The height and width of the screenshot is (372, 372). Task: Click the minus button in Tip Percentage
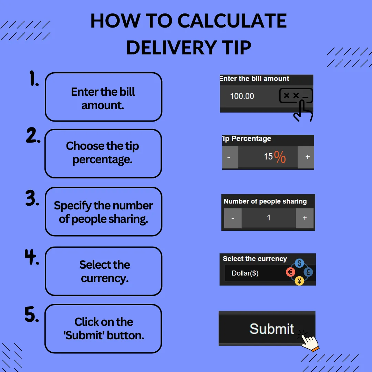[230, 157]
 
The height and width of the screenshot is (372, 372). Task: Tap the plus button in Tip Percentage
[306, 157]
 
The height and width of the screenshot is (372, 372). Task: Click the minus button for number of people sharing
[233, 218]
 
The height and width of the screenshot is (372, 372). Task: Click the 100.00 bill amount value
[242, 96]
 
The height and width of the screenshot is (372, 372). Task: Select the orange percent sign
[280, 157]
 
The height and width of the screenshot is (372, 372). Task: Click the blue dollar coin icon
[299, 263]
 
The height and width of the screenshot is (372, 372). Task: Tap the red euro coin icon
[290, 272]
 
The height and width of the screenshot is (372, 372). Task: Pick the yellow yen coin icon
[299, 281]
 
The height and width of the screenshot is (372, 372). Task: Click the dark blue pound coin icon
[308, 272]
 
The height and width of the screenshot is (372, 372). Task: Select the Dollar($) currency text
[245, 273]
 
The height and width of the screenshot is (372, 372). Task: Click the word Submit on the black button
[272, 329]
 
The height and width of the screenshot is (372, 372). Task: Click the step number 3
[32, 198]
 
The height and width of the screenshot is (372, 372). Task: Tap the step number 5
[32, 314]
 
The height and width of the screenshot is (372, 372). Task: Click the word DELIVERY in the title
[171, 48]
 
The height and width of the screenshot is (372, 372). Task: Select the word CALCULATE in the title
[232, 21]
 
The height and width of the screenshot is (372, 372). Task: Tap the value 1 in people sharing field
[269, 218]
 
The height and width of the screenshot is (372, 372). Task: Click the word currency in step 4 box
[105, 279]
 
